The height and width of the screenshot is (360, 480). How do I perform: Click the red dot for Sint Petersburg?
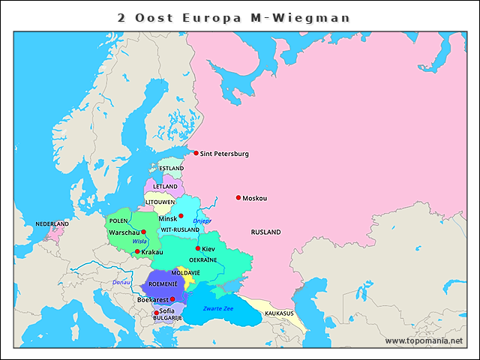[x=196, y=153]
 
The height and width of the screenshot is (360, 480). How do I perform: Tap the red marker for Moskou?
[x=238, y=198]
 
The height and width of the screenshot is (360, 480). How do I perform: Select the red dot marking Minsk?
[x=181, y=216]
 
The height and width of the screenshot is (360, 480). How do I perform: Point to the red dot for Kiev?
[x=198, y=248]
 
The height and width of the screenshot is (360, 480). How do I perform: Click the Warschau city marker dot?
[x=144, y=232]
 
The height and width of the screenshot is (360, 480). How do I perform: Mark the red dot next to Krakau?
[x=137, y=252]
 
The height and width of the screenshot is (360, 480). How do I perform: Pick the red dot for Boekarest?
[x=172, y=298]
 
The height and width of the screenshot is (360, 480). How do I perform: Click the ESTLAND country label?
[x=171, y=169]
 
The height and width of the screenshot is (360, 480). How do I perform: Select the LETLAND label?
[x=165, y=186]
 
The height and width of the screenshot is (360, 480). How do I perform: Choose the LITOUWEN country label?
[x=160, y=202]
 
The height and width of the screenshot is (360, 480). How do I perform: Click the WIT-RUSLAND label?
[x=180, y=229]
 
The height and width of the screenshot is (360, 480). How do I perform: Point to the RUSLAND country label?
[x=265, y=232]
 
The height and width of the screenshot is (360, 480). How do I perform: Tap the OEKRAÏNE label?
[x=203, y=260]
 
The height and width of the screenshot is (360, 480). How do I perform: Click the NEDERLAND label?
[x=52, y=224]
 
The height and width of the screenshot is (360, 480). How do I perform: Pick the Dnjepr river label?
[x=203, y=221]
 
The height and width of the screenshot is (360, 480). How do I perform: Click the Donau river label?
[x=121, y=282]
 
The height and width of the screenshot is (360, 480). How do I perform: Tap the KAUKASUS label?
[x=279, y=313]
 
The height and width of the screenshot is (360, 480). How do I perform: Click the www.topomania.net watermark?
[x=424, y=340]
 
